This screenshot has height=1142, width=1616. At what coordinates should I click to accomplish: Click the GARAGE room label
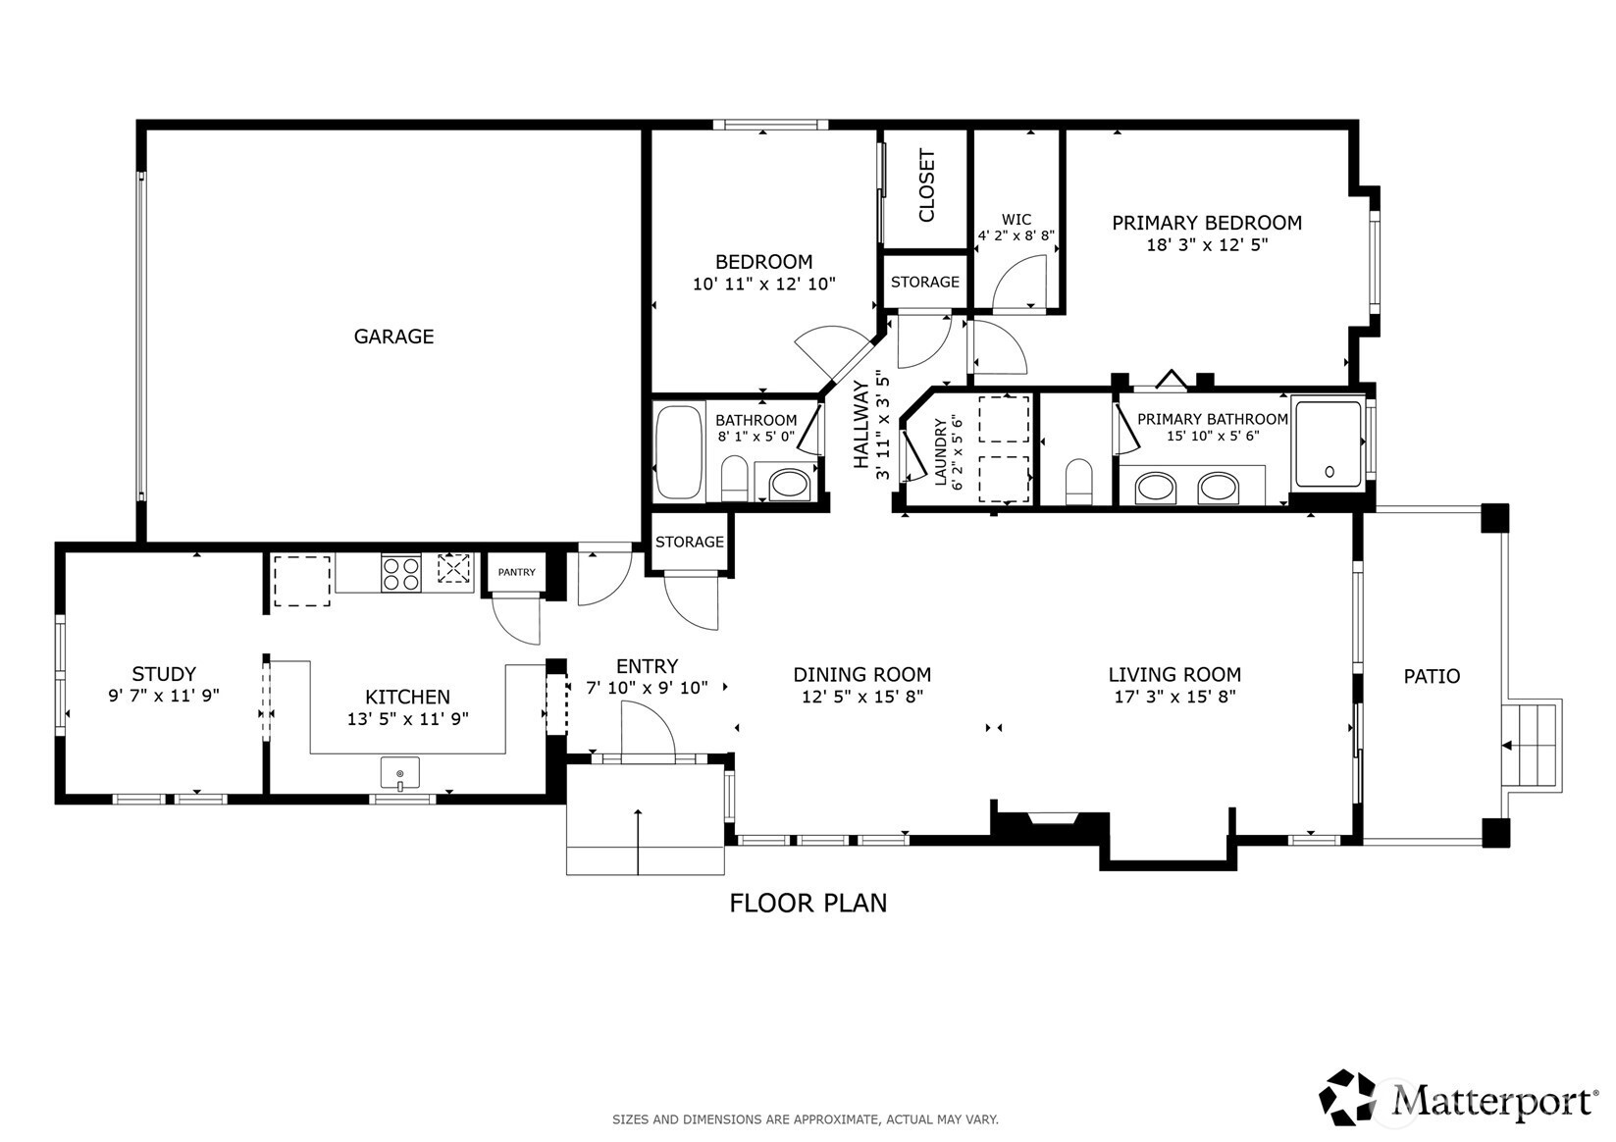point(393,337)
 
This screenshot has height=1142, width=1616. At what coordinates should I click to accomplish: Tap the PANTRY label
point(516,572)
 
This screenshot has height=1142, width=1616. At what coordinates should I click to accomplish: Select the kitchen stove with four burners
point(401,574)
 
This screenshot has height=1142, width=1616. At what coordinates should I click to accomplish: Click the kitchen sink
point(400,773)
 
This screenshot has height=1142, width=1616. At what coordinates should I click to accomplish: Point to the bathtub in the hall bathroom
point(678,452)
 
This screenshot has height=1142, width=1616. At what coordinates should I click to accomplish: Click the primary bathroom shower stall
point(1329,442)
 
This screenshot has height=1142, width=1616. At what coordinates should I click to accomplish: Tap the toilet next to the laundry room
point(1079,481)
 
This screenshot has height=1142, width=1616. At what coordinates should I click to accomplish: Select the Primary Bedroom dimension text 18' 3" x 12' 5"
point(1207,245)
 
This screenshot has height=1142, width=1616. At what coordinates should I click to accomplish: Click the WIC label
point(1017,220)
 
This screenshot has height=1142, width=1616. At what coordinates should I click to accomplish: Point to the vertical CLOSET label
point(926,185)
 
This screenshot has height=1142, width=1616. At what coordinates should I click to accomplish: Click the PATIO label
point(1433,677)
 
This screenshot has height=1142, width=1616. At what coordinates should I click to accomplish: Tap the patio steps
point(1530,746)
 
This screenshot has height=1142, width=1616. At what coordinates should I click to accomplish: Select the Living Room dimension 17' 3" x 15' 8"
point(1175,697)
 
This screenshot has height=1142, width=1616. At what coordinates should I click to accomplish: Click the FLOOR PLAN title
point(808,904)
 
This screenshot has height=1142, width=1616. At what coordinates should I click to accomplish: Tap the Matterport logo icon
point(1346,1097)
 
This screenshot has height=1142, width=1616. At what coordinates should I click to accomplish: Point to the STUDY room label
point(164,674)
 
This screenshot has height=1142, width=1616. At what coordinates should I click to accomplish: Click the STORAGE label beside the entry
point(689,542)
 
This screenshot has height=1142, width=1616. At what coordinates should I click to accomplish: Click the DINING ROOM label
point(862,675)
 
